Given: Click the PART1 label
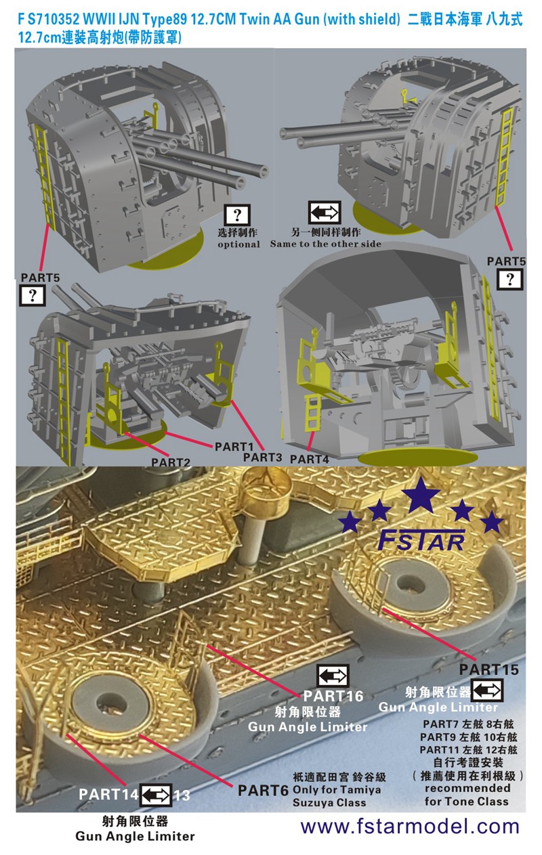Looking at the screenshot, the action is click(234, 447).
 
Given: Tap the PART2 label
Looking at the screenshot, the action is click(170, 462).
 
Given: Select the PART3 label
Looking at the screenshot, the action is click(262, 457).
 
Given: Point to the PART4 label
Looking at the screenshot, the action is click(310, 459).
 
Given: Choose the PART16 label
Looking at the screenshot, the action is click(333, 696).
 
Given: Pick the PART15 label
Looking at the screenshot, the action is click(488, 670).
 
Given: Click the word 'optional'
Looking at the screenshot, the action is click(238, 244).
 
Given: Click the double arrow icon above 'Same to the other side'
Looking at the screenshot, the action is click(325, 213).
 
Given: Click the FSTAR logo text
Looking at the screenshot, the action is click(421, 540).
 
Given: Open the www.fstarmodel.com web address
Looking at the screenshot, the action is click(410, 827).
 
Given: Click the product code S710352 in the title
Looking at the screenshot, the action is click(54, 19).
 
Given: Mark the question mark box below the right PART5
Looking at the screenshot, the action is click(510, 280).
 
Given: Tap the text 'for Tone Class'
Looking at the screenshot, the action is click(466, 801).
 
